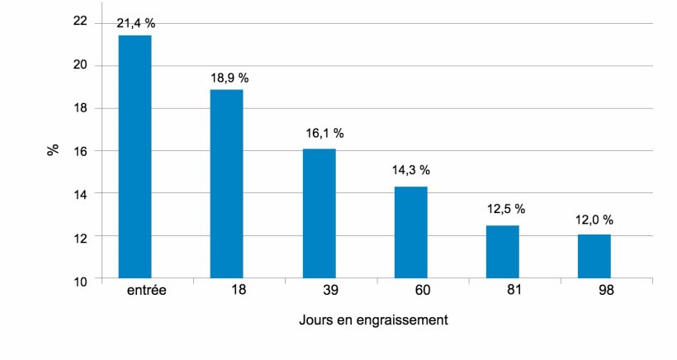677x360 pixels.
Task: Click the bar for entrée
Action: (x=135, y=157)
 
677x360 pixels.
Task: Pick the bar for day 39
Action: (x=319, y=214)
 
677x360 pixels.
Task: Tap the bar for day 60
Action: (x=410, y=233)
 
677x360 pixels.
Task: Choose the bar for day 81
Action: (x=502, y=252)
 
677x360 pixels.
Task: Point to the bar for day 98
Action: (x=594, y=257)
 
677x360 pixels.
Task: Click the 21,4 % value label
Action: (x=135, y=24)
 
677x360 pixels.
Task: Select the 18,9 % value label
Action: (x=228, y=78)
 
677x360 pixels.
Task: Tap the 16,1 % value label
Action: (x=320, y=133)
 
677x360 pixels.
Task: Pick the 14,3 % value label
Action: (x=410, y=170)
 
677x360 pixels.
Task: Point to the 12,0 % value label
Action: (x=594, y=220)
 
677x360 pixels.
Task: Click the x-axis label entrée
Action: (x=149, y=291)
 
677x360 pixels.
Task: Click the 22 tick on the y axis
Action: (x=79, y=22)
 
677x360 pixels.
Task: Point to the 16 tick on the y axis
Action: (x=79, y=151)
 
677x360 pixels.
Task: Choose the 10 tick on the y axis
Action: (x=79, y=281)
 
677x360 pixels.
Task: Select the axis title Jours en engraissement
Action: (x=373, y=320)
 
